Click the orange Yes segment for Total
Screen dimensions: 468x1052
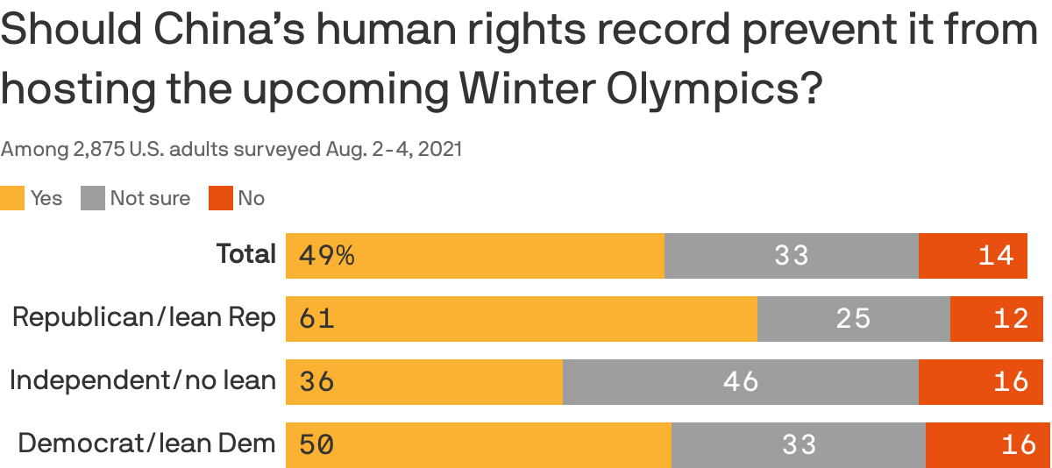tap(474, 256)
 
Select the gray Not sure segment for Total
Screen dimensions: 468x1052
tap(791, 256)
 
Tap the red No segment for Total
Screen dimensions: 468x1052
tap(972, 256)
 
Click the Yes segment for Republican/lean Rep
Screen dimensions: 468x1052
tap(521, 319)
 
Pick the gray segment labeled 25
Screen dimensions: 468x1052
tap(853, 319)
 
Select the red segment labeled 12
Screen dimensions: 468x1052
tap(996, 319)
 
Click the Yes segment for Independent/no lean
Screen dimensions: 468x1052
tap(423, 382)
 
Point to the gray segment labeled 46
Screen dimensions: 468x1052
tap(740, 382)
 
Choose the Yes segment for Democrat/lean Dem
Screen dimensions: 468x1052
tap(478, 445)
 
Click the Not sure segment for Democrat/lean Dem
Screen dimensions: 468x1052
tap(798, 445)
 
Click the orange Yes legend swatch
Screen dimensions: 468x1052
tap(12, 198)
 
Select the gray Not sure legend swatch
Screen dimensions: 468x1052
tap(93, 198)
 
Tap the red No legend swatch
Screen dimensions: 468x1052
tap(220, 198)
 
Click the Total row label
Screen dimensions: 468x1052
tap(246, 254)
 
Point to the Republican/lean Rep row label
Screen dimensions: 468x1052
tap(144, 317)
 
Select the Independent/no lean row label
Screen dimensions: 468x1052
tap(142, 380)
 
